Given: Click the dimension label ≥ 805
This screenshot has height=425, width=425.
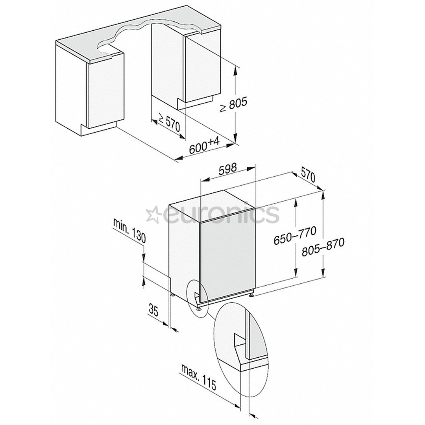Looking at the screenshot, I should [234, 105].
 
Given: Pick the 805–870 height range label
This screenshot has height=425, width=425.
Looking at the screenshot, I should [323, 247].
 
